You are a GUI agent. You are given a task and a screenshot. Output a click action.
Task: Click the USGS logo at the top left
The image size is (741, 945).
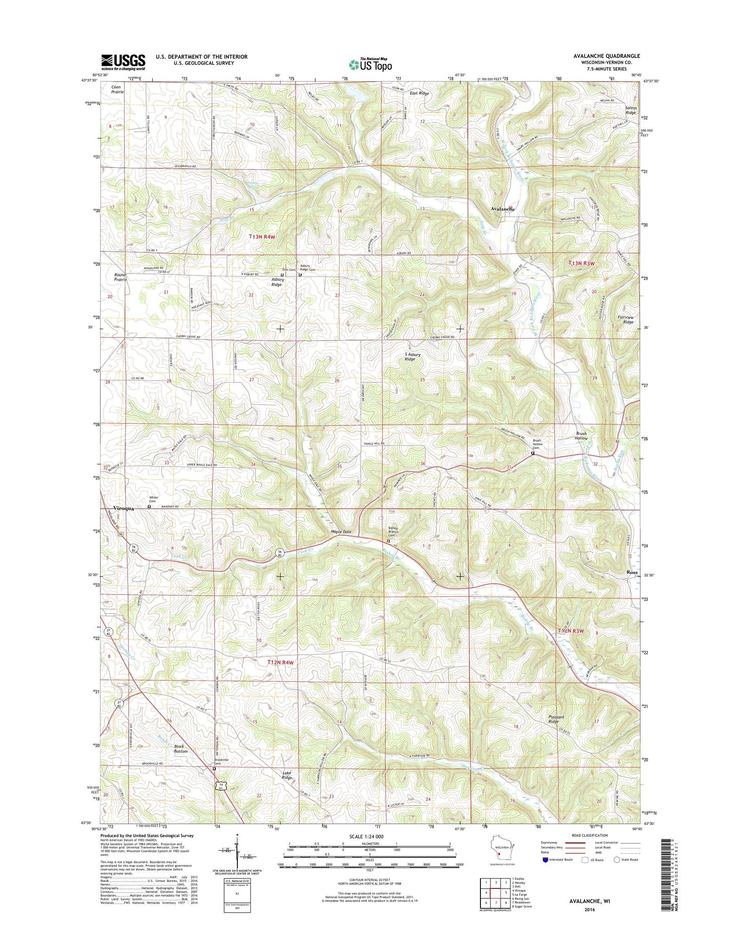[x=123, y=62]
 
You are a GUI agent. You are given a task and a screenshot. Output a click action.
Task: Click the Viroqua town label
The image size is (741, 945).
[x=123, y=508]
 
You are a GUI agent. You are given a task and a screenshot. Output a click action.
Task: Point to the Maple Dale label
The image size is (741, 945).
[x=341, y=531]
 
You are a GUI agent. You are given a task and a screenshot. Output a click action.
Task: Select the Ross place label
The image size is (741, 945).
[x=632, y=572]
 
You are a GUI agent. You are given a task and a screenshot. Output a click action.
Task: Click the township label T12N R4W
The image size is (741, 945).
[x=280, y=662]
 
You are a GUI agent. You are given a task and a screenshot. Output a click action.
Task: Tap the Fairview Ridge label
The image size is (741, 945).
[x=626, y=320]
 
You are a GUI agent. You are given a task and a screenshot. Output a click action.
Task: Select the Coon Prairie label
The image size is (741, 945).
[x=117, y=89]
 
